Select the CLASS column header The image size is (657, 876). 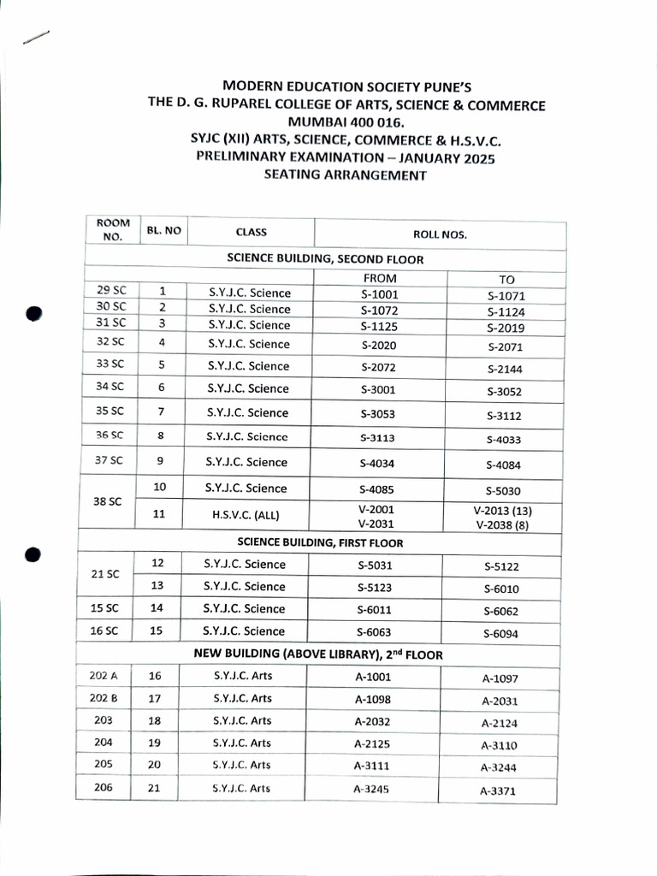pyautogui.click(x=251, y=232)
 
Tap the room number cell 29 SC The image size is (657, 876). pyautogui.click(x=110, y=291)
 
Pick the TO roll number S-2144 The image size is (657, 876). pyautogui.click(x=504, y=370)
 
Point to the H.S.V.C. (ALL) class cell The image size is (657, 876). pyautogui.click(x=246, y=515)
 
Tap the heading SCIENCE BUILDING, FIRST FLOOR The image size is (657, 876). pyautogui.click(x=320, y=542)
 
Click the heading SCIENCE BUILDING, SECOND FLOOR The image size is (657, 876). pyautogui.click(x=324, y=257)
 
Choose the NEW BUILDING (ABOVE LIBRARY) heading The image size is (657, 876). pyautogui.click(x=317, y=654)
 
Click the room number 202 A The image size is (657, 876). pyautogui.click(x=104, y=675)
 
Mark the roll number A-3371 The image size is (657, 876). pyautogui.click(x=499, y=791)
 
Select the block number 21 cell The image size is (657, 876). pyautogui.click(x=154, y=788)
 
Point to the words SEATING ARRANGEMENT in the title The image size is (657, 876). pyautogui.click(x=346, y=175)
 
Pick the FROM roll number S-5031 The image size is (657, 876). pyautogui.click(x=376, y=565)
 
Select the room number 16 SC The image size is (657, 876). pyautogui.click(x=107, y=630)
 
